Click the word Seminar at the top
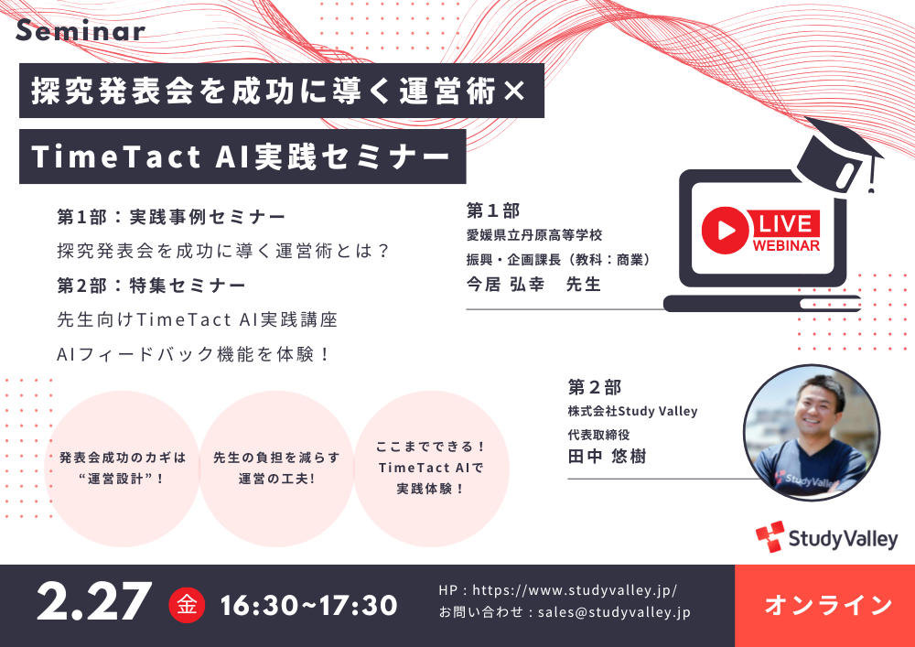pyautogui.click(x=81, y=30)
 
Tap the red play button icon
pyautogui.click(x=725, y=230)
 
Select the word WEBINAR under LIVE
pyautogui.click(x=786, y=245)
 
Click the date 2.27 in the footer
pyautogui.click(x=94, y=602)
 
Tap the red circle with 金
pyautogui.click(x=187, y=605)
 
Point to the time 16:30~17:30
pyautogui.click(x=308, y=606)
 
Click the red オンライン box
pyautogui.click(x=824, y=606)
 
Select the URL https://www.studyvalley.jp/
pyautogui.click(x=575, y=590)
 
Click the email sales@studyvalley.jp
pyautogui.click(x=614, y=612)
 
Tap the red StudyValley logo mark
pyautogui.click(x=770, y=536)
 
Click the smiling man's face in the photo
pyautogui.click(x=816, y=406)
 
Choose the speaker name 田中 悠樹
pyautogui.click(x=607, y=456)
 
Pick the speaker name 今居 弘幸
pyautogui.click(x=505, y=284)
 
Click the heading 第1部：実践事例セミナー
pyautogui.click(x=172, y=217)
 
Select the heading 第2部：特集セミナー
pyautogui.click(x=151, y=286)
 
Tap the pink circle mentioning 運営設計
pyautogui.click(x=123, y=469)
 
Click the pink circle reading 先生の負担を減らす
pyautogui.click(x=276, y=469)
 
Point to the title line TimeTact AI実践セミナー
pyautogui.click(x=241, y=156)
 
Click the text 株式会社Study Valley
pyautogui.click(x=632, y=411)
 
